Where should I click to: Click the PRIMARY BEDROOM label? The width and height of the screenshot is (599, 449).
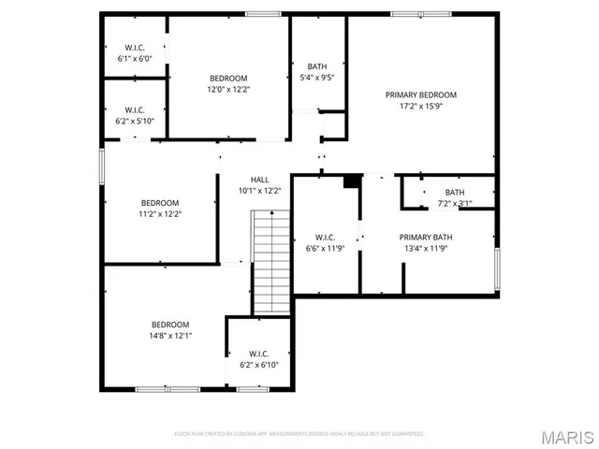pyautogui.click(x=421, y=94)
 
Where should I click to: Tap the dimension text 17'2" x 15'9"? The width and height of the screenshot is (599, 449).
pyautogui.click(x=421, y=107)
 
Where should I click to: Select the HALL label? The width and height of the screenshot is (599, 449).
pyautogui.click(x=259, y=179)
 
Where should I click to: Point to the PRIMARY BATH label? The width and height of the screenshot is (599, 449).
pyautogui.click(x=426, y=237)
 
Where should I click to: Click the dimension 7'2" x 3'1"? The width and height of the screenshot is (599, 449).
pyautogui.click(x=455, y=203)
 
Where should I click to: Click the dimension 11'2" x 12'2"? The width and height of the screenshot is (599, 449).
pyautogui.click(x=160, y=213)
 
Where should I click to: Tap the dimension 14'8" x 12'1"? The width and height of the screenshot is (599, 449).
pyautogui.click(x=170, y=335)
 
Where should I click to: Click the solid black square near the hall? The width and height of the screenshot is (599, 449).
pyautogui.click(x=353, y=181)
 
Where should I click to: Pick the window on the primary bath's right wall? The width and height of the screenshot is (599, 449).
pyautogui.click(x=497, y=270)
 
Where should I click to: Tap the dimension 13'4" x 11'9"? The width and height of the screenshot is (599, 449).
pyautogui.click(x=426, y=248)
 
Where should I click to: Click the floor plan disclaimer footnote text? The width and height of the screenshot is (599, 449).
pyautogui.click(x=299, y=434)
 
